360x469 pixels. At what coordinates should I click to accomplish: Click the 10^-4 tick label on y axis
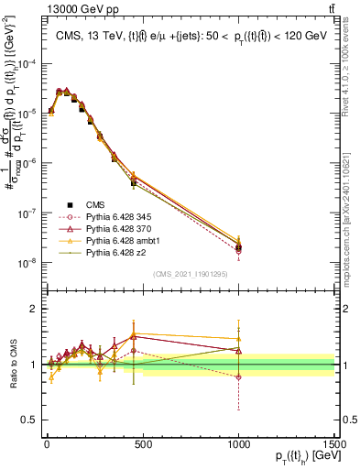pyautogui.click(x=27, y=63)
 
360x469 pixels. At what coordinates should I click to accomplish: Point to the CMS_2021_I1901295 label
pyautogui.click(x=191, y=274)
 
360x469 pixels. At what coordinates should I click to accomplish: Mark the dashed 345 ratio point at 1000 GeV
pyautogui.click(x=238, y=377)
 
